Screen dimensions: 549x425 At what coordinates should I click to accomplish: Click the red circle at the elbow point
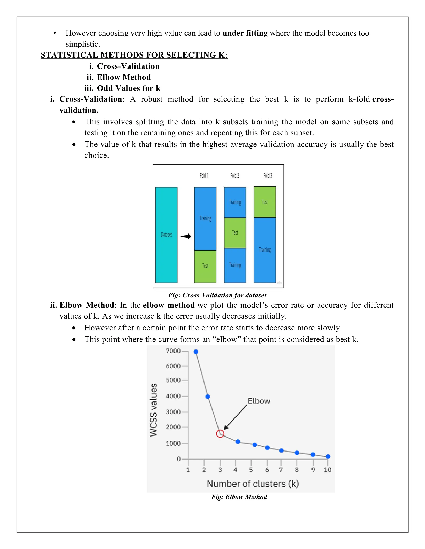(220, 434)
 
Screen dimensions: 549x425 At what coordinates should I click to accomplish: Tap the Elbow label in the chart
(259, 401)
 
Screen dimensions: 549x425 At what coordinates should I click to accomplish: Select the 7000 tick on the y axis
(173, 351)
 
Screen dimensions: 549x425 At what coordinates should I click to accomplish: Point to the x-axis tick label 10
(327, 470)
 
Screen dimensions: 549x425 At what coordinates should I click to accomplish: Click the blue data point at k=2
(208, 397)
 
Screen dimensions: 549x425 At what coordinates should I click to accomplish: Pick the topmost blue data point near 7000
(196, 352)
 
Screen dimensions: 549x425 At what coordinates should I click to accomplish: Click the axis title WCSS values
(154, 410)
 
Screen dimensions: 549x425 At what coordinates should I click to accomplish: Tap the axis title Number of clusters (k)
(253, 484)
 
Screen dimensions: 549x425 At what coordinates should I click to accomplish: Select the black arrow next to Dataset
(186, 236)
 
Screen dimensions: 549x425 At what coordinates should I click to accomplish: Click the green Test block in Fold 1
(205, 266)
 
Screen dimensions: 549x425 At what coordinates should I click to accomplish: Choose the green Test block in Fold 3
(265, 202)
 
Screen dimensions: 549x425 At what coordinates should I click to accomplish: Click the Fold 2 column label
(235, 175)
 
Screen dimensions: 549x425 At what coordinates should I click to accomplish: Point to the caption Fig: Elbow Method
(239, 497)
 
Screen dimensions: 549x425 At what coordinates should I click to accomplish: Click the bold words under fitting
(245, 33)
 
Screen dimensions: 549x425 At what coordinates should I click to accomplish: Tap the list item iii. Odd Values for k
(122, 88)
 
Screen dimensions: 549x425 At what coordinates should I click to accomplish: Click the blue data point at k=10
(328, 456)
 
